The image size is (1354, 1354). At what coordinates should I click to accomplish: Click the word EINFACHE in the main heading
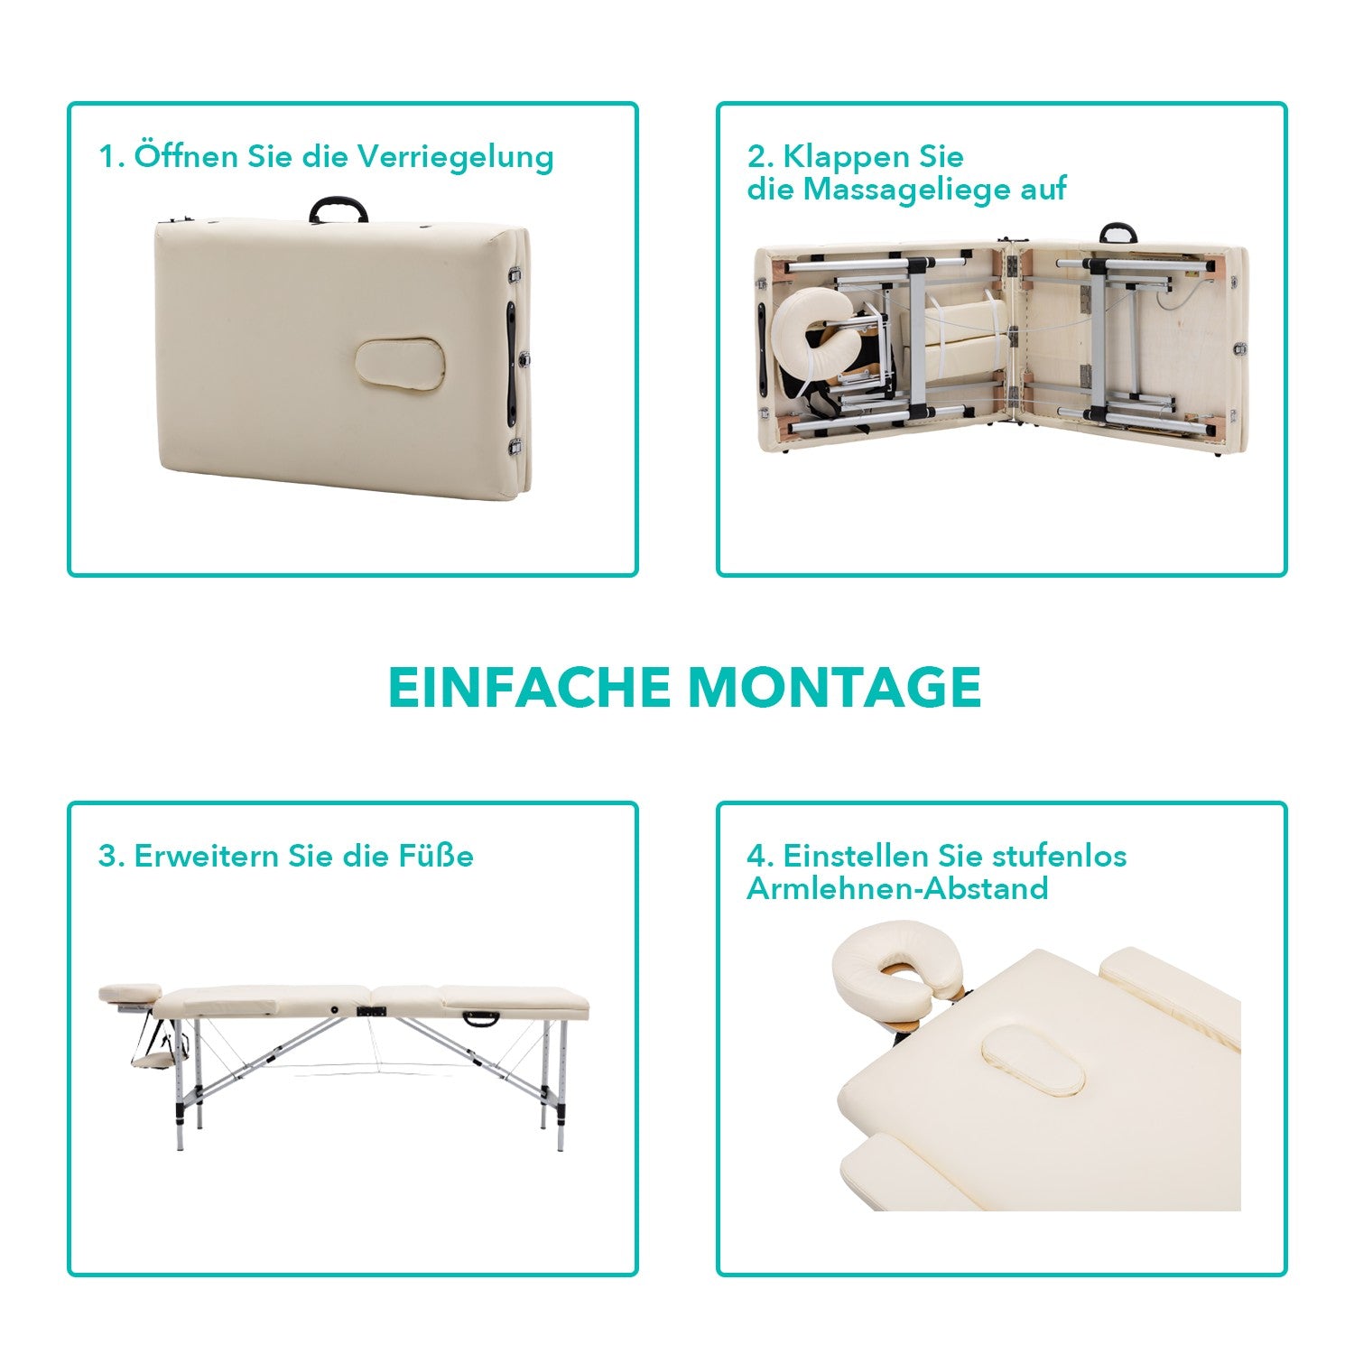pos(529,688)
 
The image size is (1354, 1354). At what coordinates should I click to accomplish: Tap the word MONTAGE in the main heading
pos(834,688)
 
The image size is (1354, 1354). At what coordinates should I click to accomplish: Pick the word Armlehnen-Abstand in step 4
pos(897,888)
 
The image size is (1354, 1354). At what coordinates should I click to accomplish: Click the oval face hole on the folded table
pos(400,364)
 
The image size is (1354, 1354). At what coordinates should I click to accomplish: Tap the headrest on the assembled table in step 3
pos(127,994)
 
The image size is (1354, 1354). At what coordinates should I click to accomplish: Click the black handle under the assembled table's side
pos(479,1020)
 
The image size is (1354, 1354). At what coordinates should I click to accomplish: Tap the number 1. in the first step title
pos(111,156)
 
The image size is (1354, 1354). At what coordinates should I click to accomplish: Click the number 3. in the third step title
pos(111,856)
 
